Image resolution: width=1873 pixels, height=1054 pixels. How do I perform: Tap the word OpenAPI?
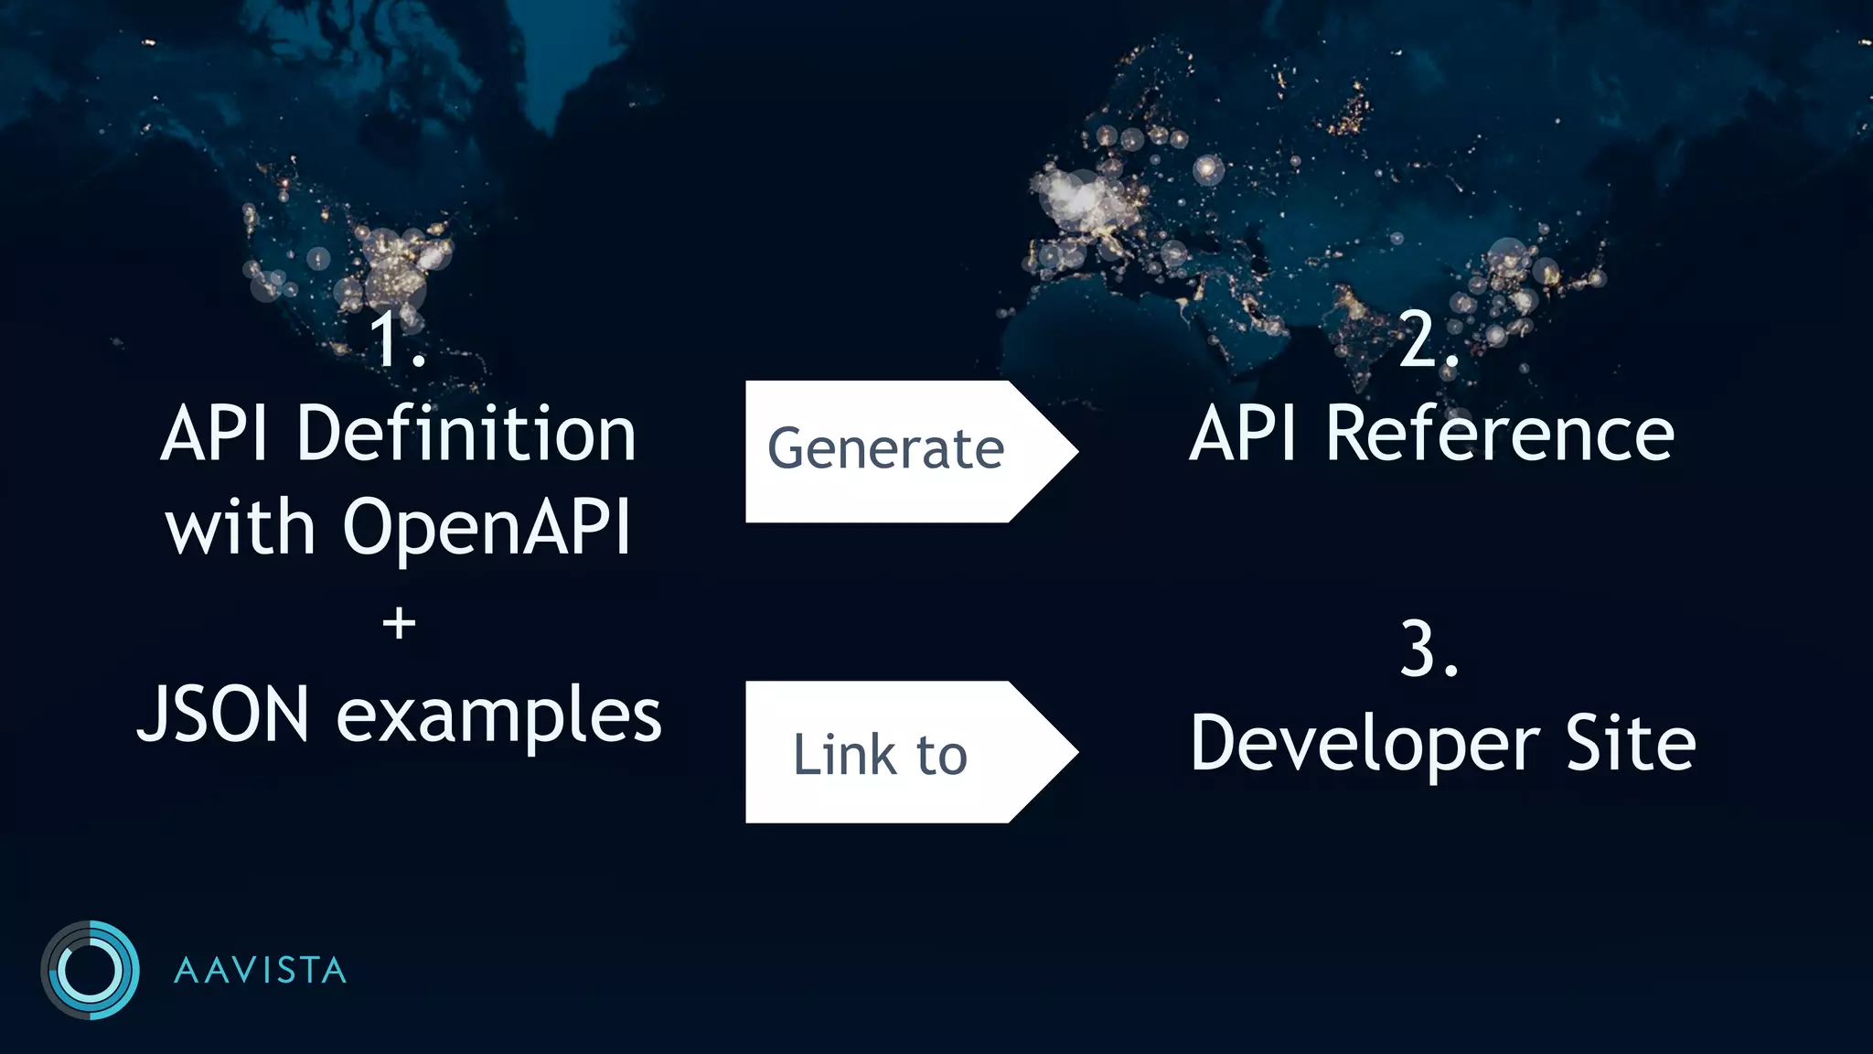point(487,529)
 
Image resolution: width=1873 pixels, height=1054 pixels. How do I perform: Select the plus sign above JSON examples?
point(399,625)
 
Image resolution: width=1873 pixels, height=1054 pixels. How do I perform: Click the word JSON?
point(224,715)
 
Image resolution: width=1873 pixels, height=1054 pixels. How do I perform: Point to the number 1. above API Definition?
point(397,340)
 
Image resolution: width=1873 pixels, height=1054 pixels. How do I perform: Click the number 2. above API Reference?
point(1428,340)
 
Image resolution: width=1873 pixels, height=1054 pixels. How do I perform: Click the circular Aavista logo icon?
point(90,970)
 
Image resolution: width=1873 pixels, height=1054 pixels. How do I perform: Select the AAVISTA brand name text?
point(261,971)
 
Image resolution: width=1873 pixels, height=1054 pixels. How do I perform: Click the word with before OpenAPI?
point(241,529)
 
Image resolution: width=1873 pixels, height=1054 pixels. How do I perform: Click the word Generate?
point(885,450)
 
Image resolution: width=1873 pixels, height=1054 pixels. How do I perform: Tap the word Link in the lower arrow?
point(843,755)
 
